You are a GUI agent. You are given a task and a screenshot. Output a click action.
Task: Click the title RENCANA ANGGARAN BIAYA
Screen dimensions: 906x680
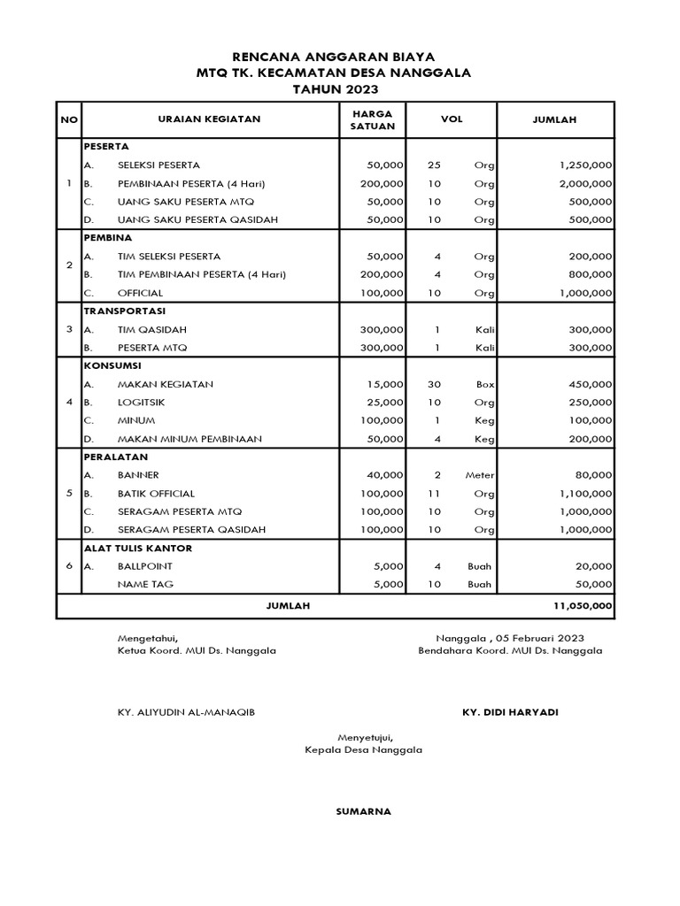(x=340, y=56)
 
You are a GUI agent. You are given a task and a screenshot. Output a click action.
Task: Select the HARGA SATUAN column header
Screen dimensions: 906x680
(x=372, y=119)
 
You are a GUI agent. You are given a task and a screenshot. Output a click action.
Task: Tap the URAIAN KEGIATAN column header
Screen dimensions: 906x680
(x=209, y=119)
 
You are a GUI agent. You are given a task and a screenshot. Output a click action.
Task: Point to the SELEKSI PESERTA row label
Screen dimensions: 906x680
(x=158, y=165)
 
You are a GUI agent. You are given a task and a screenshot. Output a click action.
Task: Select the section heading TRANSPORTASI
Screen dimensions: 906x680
(x=124, y=311)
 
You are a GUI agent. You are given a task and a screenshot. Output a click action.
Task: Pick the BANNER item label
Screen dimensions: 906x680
(x=138, y=475)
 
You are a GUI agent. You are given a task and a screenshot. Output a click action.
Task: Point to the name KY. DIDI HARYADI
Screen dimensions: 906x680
(x=510, y=712)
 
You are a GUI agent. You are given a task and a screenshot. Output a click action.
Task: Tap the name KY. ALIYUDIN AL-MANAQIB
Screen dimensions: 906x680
(x=187, y=712)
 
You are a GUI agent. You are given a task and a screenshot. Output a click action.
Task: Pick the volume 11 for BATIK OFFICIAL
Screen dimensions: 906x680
(x=434, y=494)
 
